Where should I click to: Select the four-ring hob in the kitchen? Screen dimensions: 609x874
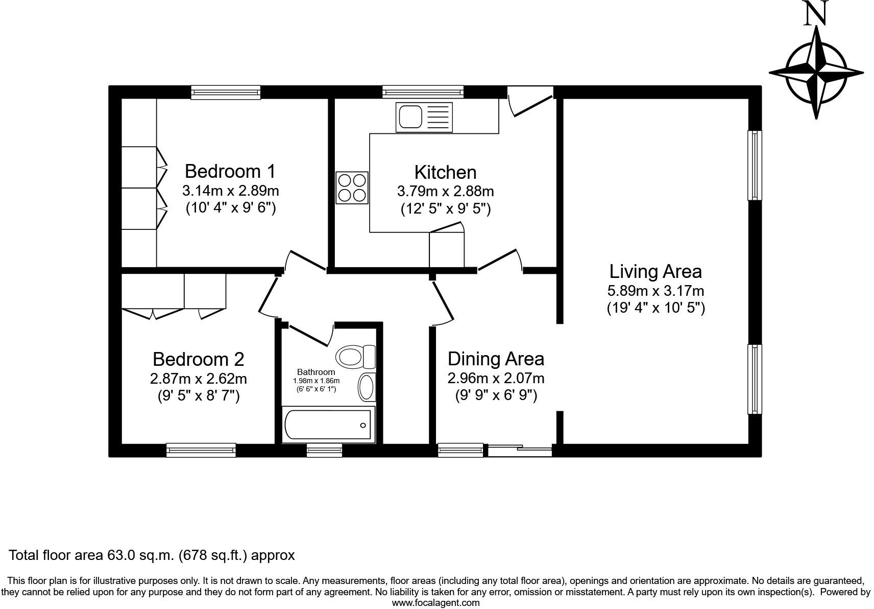352,188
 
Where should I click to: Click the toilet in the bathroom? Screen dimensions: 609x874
354,356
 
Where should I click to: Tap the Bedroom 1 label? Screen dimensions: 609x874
230,171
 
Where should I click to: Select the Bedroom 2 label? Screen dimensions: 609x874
198,359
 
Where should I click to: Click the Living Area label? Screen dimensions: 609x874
655,271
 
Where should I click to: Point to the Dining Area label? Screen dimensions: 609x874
495,359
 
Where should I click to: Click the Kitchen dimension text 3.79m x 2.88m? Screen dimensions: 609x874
445,192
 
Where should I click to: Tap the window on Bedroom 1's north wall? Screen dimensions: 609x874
226,92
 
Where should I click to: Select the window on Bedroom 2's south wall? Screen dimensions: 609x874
201,450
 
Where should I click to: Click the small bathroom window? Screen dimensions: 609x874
324,450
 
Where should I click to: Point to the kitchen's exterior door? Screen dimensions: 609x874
530,102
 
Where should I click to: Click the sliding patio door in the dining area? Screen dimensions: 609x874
520,451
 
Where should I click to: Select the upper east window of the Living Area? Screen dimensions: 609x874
755,165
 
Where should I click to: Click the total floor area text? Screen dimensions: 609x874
152,555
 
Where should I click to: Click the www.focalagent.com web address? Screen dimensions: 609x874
435,603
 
